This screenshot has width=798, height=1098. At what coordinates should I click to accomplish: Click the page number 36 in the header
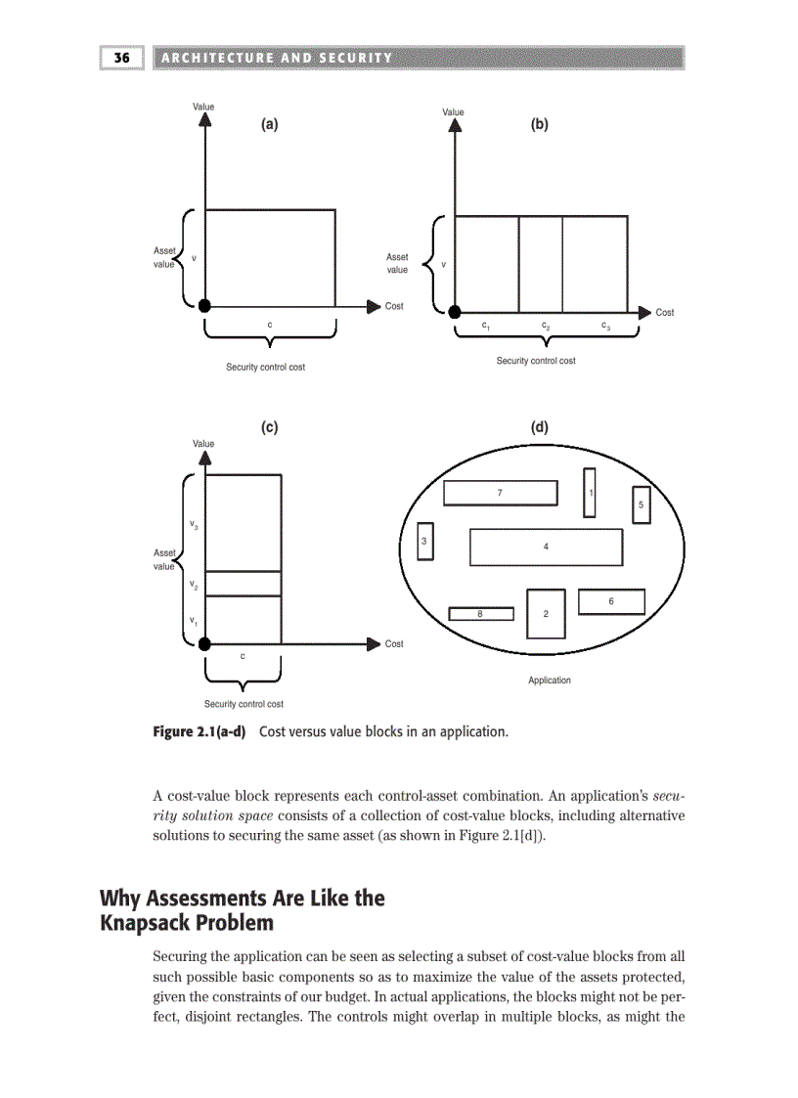point(122,58)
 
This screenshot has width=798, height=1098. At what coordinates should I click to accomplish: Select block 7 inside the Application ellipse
point(500,493)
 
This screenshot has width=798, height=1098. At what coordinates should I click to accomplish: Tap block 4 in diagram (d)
point(546,547)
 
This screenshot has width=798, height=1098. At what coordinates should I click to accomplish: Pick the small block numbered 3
point(424,542)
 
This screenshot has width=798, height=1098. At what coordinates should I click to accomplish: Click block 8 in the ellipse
point(480,613)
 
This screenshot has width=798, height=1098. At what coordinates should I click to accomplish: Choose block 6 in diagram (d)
point(611,601)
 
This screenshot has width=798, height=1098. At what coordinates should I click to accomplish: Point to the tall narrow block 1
point(590,492)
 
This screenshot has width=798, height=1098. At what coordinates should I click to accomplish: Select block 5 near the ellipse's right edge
point(641,505)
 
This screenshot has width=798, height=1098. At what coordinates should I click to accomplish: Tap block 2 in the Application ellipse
point(546,613)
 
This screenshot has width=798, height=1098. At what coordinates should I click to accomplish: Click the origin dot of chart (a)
point(204,306)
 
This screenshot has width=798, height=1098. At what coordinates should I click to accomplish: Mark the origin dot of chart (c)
point(204,643)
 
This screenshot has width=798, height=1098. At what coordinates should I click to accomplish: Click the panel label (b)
point(539,124)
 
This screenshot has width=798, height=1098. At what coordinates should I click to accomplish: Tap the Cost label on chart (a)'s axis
point(394,306)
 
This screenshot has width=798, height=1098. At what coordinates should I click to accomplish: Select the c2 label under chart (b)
point(545,326)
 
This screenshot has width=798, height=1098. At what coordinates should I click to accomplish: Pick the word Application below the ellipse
point(549,680)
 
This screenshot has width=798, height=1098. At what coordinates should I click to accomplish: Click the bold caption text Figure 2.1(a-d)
point(199,731)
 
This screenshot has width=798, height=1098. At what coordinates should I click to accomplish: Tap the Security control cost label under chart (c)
point(244,703)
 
